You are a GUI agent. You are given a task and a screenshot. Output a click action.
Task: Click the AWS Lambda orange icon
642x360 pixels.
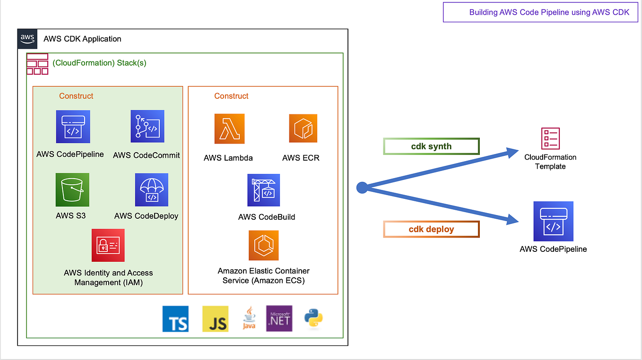coord(230,129)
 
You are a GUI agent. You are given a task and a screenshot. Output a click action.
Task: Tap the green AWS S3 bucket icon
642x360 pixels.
coord(72,189)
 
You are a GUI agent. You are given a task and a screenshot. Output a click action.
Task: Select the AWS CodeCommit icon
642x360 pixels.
coord(147,126)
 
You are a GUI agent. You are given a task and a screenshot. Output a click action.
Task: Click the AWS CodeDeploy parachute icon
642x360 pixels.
coord(152,189)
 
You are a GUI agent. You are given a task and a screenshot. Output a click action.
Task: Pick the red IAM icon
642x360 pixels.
coord(108,245)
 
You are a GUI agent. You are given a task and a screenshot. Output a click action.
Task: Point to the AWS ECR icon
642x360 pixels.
coord(303,129)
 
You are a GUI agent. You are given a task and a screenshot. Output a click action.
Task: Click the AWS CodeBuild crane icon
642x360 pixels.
coord(264,190)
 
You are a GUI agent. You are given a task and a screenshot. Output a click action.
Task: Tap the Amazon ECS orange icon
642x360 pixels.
coord(264,245)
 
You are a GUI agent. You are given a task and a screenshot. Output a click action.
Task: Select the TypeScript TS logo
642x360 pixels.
coord(175,319)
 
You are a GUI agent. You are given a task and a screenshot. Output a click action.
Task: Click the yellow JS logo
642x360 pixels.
coord(216,319)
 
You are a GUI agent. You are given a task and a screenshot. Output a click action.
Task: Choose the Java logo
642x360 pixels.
coord(249,318)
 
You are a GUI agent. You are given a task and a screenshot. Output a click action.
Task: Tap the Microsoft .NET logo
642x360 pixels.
coord(279,318)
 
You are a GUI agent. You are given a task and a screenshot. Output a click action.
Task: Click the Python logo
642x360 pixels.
coord(313,318)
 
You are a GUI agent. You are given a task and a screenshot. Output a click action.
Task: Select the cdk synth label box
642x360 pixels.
coord(431,146)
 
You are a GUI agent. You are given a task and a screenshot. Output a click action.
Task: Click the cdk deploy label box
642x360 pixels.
coord(431,229)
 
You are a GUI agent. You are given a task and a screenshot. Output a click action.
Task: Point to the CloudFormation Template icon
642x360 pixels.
coord(550,138)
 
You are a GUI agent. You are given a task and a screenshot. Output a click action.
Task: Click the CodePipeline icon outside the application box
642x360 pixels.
coord(553,221)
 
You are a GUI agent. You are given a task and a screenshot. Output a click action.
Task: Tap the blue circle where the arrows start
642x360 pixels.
coord(362,188)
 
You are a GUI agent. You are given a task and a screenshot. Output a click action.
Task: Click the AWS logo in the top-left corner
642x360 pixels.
coord(27,39)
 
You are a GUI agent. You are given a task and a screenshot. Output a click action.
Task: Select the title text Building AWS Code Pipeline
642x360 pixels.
coord(549,12)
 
